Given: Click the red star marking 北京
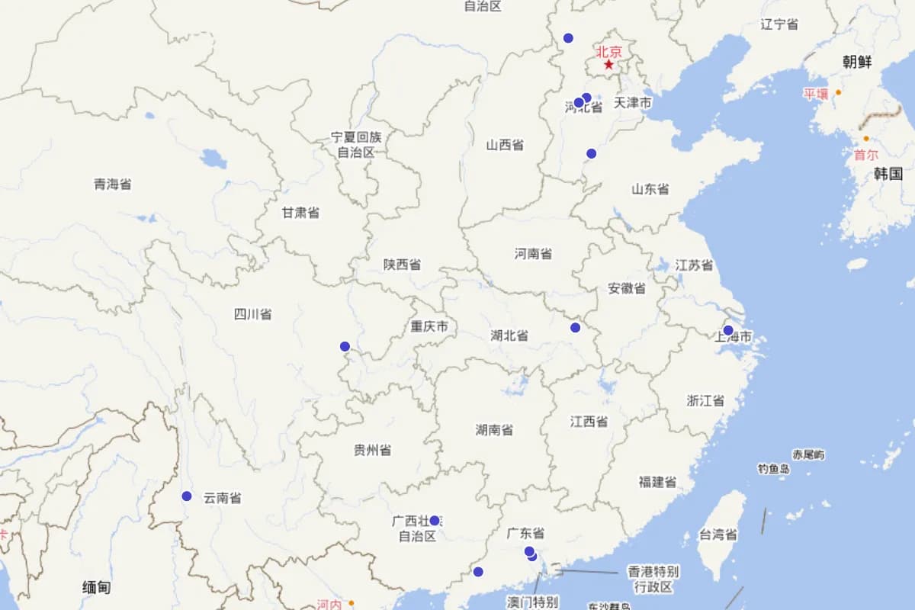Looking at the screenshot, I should [608, 65].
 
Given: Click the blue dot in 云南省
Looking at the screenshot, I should [187, 496].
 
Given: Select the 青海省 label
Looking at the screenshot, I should [113, 184].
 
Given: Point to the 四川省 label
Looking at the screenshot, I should [252, 313].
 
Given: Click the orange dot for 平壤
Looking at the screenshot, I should [838, 92].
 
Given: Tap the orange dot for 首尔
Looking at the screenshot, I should [866, 139].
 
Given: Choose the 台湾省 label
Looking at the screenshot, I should [718, 535].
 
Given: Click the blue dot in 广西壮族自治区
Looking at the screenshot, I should [435, 521].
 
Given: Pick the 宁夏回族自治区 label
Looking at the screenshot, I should [356, 144].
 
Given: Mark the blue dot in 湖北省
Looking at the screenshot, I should [575, 328].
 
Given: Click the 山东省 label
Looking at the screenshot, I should [650, 189].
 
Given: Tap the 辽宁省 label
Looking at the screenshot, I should [779, 24].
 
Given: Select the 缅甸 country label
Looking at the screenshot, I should [97, 586].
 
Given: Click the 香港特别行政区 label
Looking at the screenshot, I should [653, 579].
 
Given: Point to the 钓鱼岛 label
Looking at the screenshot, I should [773, 469].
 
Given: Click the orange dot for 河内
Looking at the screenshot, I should [352, 603].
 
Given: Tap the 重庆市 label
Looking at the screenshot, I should [429, 327].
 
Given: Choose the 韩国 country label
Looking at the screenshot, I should [888, 173].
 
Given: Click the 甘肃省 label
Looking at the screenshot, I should [300, 213].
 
